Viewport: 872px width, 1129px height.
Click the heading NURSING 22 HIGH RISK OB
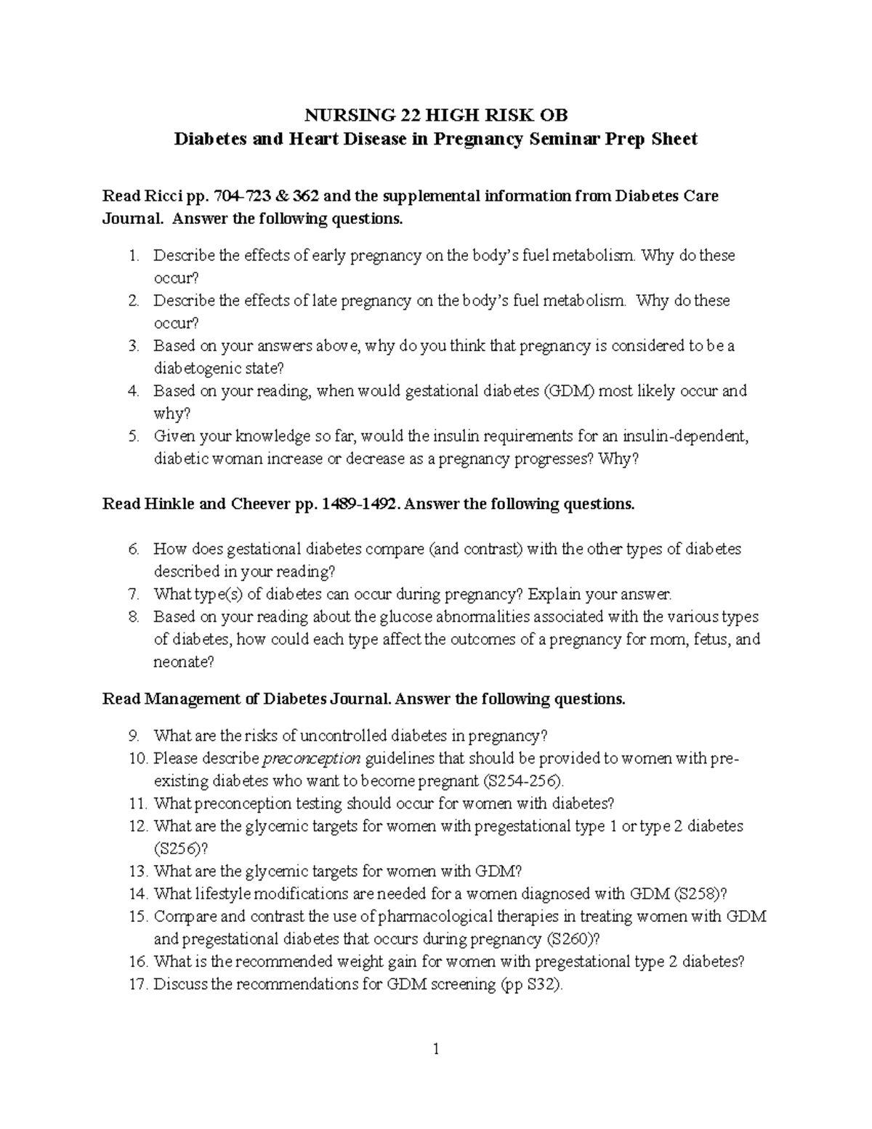tap(435, 115)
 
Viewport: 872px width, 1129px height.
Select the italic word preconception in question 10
tap(311, 758)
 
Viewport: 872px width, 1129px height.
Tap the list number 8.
tap(133, 616)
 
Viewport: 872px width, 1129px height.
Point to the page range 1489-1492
tap(355, 504)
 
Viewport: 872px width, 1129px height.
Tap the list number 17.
tap(138, 984)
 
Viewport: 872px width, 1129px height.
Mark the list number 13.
tap(138, 871)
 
